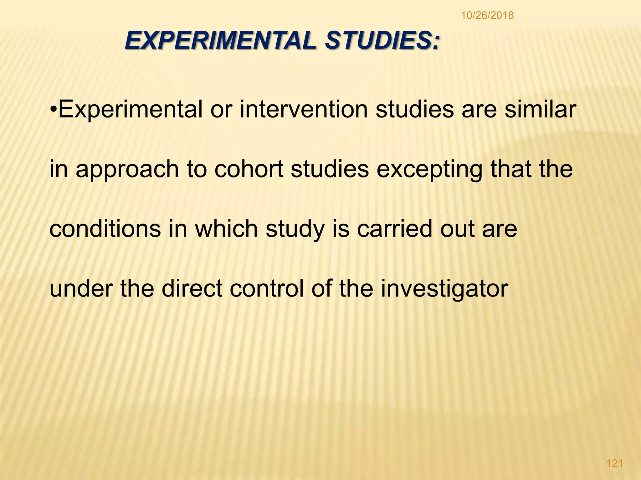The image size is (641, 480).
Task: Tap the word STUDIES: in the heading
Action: pyautogui.click(x=382, y=41)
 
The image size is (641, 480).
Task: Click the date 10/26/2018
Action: pyautogui.click(x=487, y=15)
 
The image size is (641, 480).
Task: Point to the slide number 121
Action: pyautogui.click(x=615, y=463)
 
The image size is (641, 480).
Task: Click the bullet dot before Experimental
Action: pyautogui.click(x=54, y=110)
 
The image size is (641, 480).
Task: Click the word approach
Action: pyautogui.click(x=127, y=169)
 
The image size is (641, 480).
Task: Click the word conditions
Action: pyautogui.click(x=105, y=229)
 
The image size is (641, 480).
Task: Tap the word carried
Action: pyautogui.click(x=395, y=229)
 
